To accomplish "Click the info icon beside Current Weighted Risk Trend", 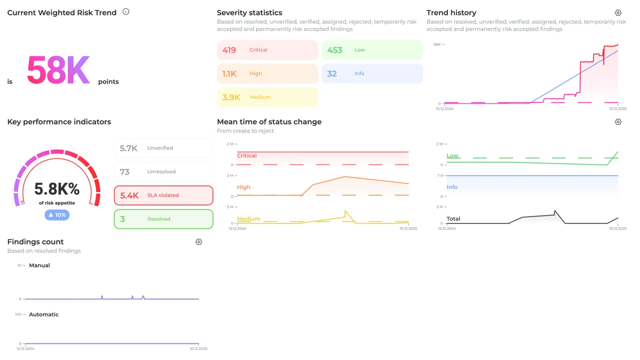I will [126, 12].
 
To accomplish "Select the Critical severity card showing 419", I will [267, 50].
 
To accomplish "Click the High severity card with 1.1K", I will [267, 73].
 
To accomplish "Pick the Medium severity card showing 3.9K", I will [267, 97].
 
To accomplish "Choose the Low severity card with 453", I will [372, 50].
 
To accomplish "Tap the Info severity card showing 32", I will [372, 73].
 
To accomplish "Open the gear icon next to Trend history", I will [618, 13].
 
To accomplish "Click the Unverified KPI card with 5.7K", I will [163, 148].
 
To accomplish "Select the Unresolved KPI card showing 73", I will [163, 171].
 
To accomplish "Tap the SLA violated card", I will [163, 195].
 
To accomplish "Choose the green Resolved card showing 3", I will [163, 219].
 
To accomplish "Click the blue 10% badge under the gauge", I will [57, 215].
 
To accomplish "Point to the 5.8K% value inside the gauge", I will [57, 189].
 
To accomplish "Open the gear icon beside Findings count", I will [199, 242].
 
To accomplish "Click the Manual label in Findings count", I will [39, 265].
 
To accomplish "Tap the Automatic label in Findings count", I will [44, 314].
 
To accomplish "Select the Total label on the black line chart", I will [453, 219].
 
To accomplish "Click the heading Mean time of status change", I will [269, 122].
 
